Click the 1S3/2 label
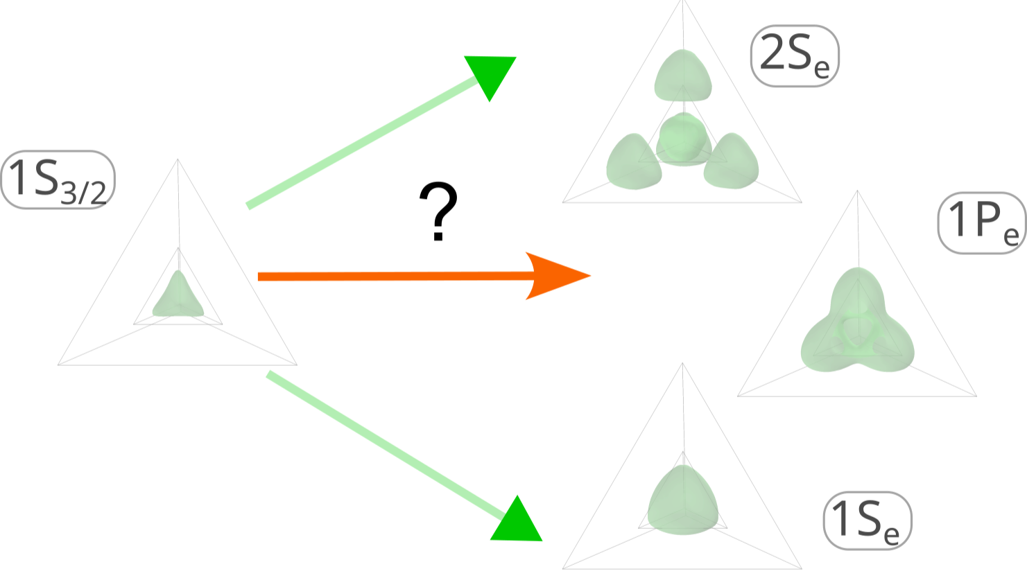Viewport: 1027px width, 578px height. [x=57, y=179]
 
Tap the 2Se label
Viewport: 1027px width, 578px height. [x=795, y=56]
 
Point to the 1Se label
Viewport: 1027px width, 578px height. [x=867, y=520]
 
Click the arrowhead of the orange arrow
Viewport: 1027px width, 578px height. [x=555, y=276]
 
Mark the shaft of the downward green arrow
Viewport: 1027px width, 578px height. [x=381, y=444]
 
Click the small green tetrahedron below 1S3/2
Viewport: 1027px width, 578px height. [x=178, y=297]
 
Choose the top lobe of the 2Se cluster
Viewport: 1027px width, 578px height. [x=683, y=76]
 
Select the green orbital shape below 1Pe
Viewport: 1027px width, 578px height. [x=858, y=322]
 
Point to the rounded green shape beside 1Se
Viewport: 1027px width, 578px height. [x=683, y=500]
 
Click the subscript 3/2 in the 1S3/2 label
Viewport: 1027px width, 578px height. [x=83, y=193]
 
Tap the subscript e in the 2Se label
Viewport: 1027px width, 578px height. [x=822, y=71]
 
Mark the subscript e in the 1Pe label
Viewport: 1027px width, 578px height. [x=1011, y=236]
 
